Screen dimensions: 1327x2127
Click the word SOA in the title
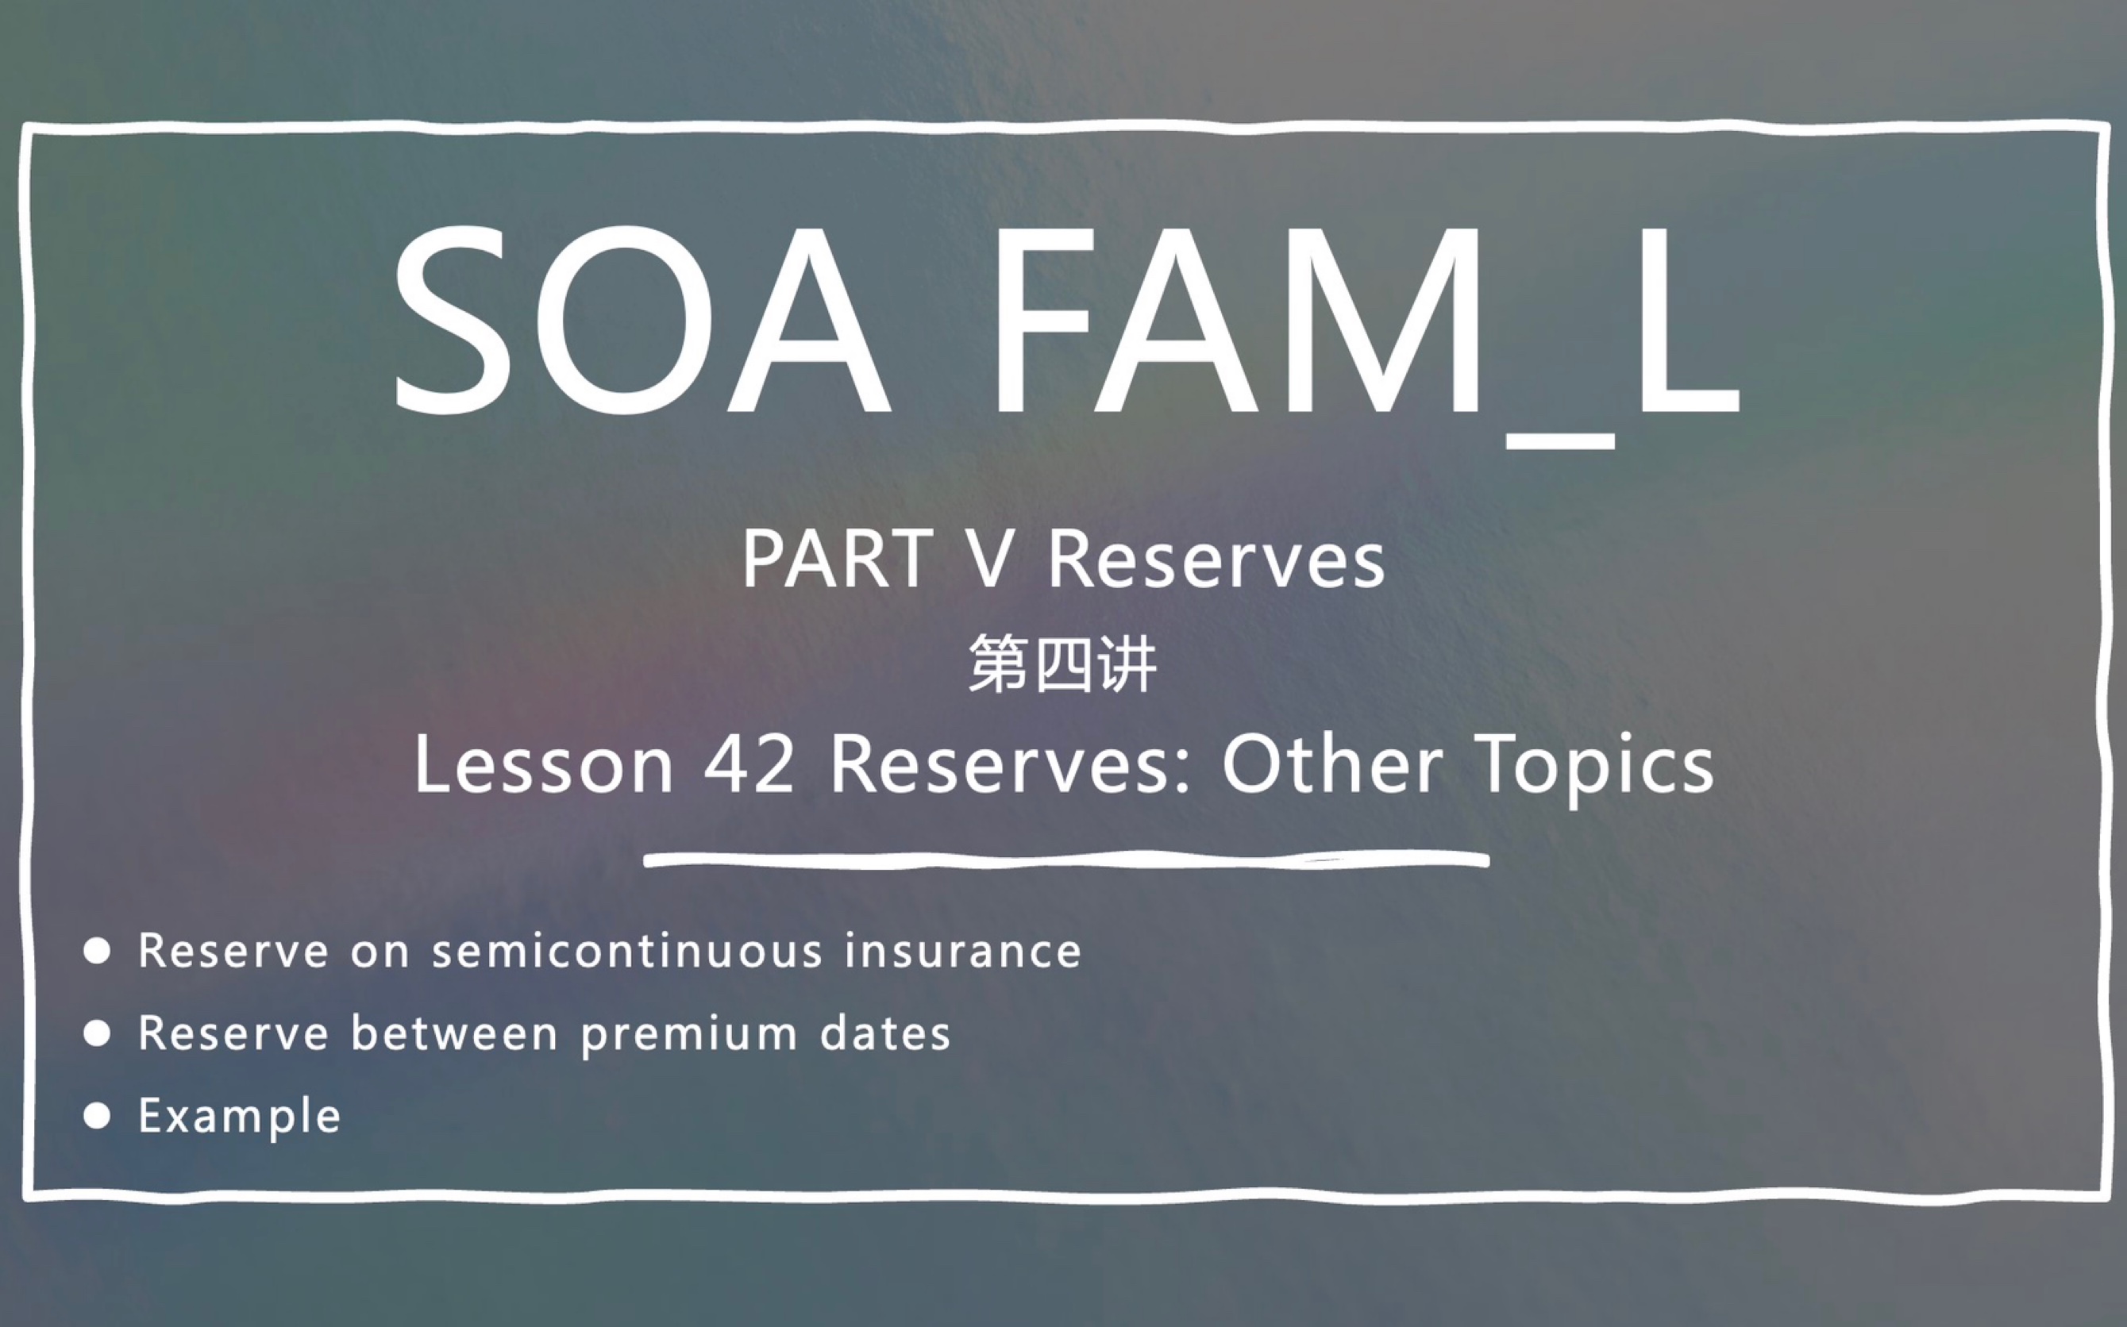[641, 321]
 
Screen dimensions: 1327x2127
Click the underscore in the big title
[1561, 440]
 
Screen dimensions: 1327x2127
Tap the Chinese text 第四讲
[1062, 664]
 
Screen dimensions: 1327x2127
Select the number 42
[749, 764]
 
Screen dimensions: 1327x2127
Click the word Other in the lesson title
[1331, 764]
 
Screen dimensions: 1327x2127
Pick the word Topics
[1594, 766]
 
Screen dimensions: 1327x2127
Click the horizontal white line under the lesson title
[1065, 860]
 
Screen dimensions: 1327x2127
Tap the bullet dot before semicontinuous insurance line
[97, 951]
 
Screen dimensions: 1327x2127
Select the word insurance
[963, 951]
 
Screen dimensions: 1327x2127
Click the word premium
[689, 1034]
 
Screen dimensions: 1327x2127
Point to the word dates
[884, 1033]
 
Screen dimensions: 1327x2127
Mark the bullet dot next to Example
[97, 1115]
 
